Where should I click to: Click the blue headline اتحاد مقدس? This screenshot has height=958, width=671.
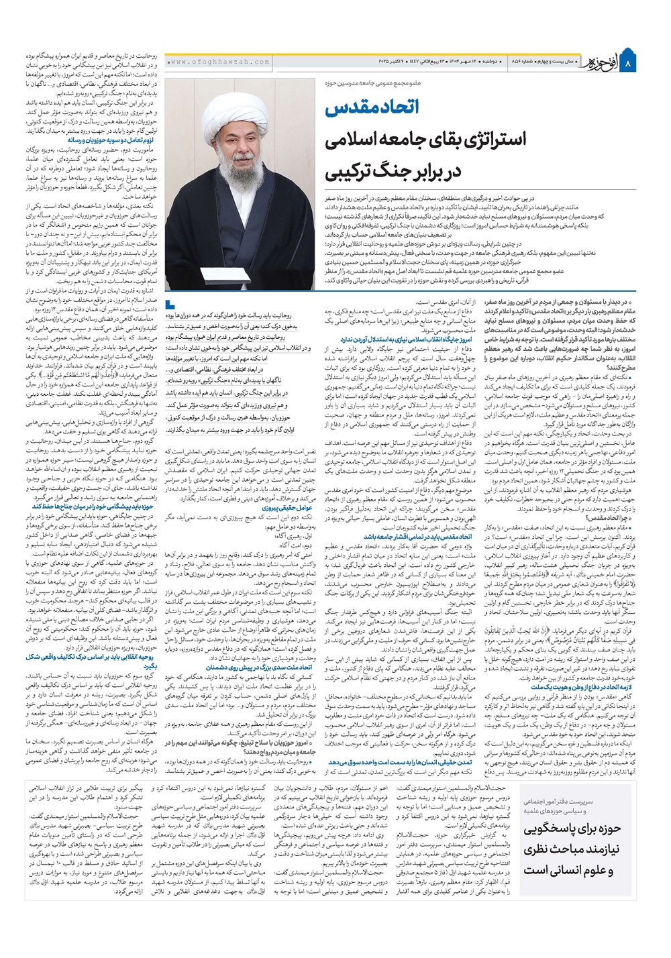[x=380, y=108]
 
